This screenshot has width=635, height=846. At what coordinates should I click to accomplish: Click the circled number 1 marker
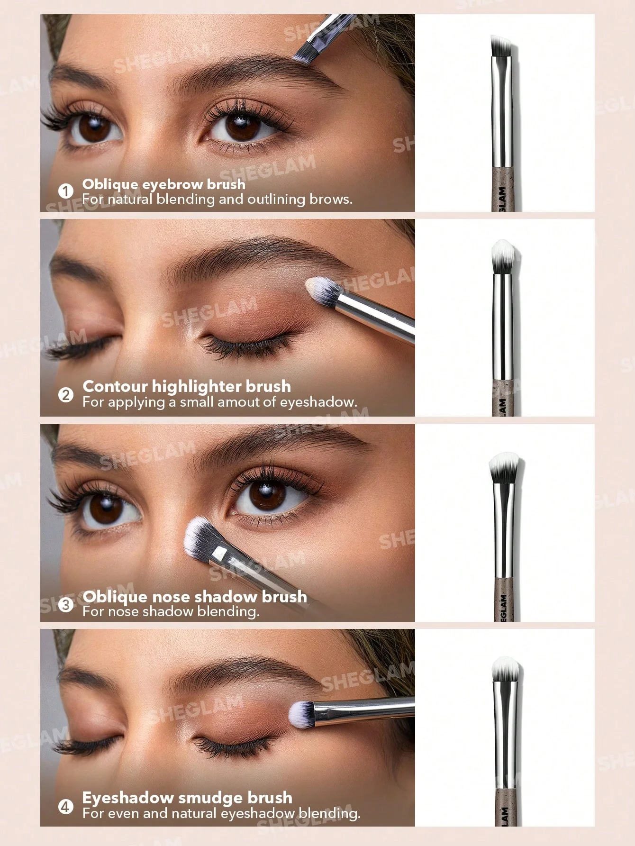[x=66, y=191]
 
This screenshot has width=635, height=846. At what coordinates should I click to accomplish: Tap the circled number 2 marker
[x=66, y=394]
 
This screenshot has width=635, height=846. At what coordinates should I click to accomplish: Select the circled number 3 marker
[x=66, y=604]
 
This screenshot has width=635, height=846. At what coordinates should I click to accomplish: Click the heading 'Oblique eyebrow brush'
[x=164, y=184]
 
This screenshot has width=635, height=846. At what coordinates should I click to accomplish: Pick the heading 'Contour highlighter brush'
[x=187, y=386]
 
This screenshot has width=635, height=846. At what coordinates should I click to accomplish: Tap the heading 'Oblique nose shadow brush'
[x=195, y=596]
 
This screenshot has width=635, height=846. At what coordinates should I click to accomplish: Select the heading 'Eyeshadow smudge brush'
[x=187, y=798]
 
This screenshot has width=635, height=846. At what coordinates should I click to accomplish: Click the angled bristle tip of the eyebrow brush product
[x=501, y=45]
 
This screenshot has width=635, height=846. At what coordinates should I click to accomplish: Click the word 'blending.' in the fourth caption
[x=330, y=813]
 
